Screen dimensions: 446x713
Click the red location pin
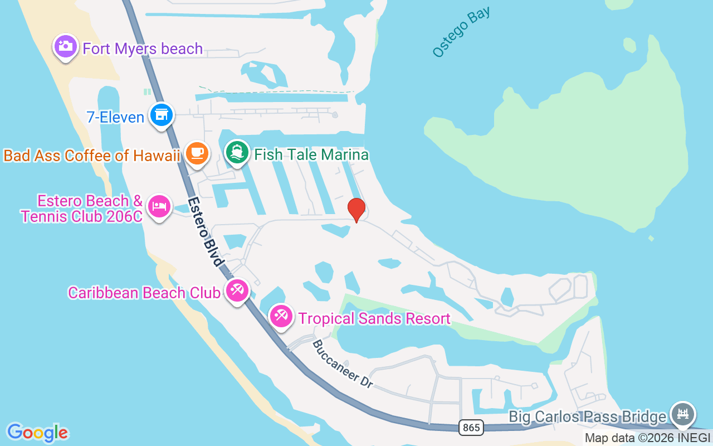(x=356, y=210)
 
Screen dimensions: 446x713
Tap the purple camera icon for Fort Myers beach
(x=65, y=46)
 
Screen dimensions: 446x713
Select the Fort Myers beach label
(x=143, y=49)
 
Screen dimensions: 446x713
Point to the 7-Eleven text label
(x=115, y=118)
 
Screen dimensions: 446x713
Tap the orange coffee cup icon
(x=196, y=153)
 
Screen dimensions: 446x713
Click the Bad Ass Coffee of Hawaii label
(x=92, y=156)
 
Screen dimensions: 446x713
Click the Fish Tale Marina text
(x=311, y=154)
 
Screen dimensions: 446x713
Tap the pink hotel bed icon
(x=159, y=206)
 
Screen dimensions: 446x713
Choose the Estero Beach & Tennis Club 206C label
(x=82, y=209)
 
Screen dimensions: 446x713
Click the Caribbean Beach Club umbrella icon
(x=237, y=290)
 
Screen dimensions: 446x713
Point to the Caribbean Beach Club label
(x=144, y=293)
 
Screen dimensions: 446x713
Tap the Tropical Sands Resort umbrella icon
(x=281, y=316)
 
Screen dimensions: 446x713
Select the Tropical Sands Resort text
(x=374, y=318)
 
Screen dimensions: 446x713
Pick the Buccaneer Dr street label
(x=342, y=364)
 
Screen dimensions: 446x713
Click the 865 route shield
(x=471, y=428)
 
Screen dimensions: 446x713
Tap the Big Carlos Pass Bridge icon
(x=683, y=414)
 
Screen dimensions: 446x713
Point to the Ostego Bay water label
(x=461, y=32)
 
